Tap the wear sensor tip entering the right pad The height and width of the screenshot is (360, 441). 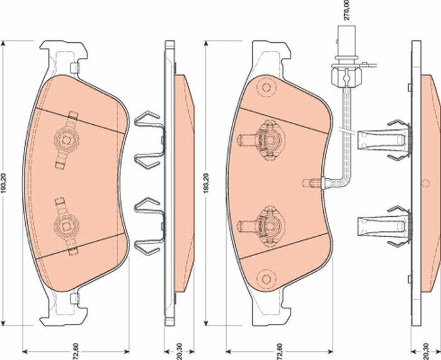coord(311,183)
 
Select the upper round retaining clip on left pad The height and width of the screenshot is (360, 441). coord(67,136)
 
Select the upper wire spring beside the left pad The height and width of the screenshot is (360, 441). coord(149,139)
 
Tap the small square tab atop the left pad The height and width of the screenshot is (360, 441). coord(74,68)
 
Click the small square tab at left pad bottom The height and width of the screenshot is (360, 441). coord(74,298)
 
